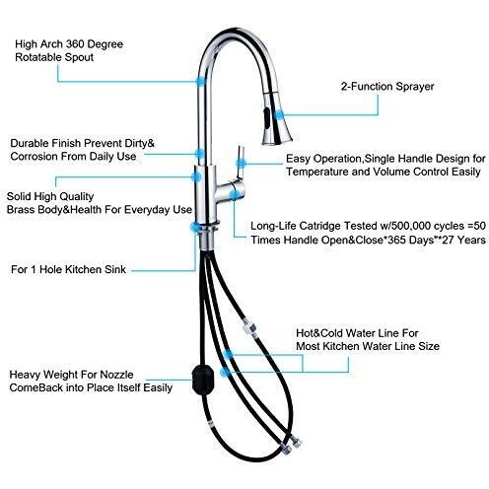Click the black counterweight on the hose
[203, 380]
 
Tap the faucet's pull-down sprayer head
[276, 118]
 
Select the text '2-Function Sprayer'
[387, 87]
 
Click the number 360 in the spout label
[76, 44]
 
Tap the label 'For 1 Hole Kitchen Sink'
[68, 269]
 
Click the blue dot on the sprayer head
[279, 115]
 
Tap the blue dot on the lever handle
[241, 163]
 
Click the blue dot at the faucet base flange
[195, 227]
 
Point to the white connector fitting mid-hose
[249, 330]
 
